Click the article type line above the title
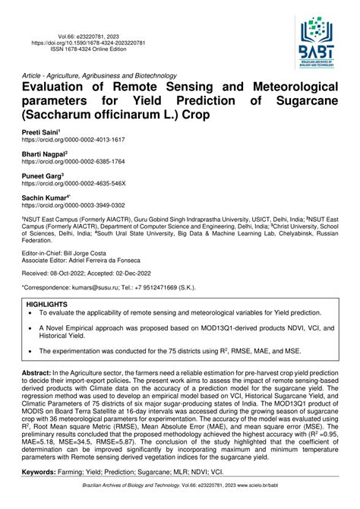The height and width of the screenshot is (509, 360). [99, 75]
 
